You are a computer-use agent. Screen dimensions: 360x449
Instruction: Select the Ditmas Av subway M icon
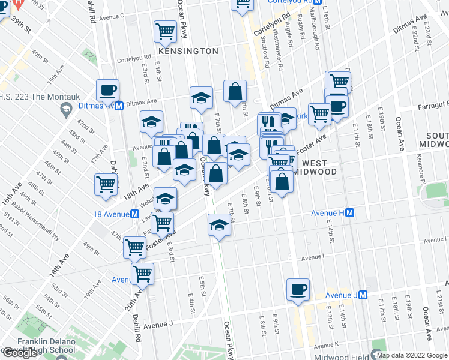click(x=119, y=106)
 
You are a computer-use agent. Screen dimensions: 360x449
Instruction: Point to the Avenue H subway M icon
click(x=349, y=213)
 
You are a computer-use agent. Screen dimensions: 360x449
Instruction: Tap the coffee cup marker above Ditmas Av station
click(x=107, y=90)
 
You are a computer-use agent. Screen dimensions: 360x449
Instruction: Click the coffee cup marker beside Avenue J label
click(x=298, y=289)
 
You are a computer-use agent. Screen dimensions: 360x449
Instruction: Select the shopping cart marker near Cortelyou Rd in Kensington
click(x=165, y=31)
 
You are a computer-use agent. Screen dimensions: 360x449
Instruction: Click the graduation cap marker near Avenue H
click(x=219, y=226)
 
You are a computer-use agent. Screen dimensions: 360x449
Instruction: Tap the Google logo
click(x=20, y=353)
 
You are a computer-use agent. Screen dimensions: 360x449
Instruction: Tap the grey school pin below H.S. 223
click(x=65, y=109)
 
